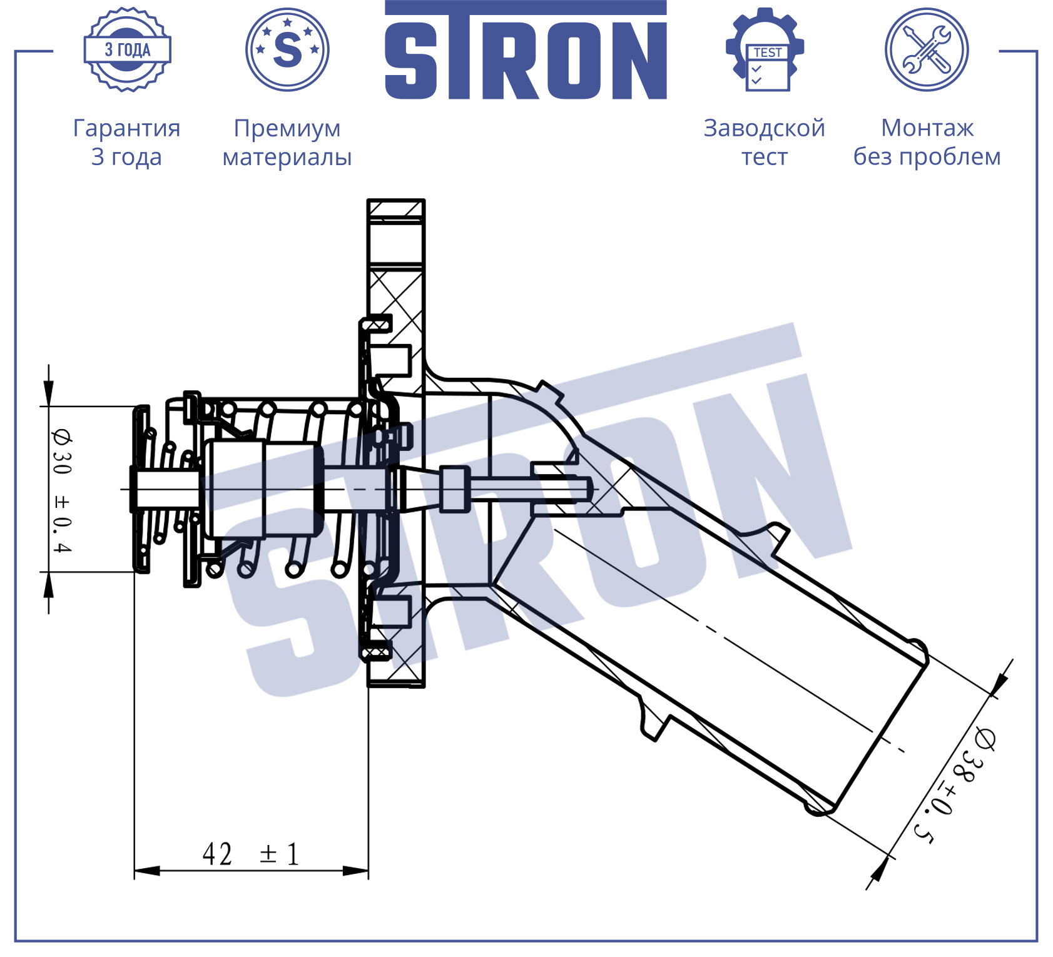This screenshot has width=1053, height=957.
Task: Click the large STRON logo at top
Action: (x=526, y=50)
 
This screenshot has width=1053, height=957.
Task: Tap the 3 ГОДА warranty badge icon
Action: (x=128, y=49)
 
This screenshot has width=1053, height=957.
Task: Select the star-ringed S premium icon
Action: (x=287, y=49)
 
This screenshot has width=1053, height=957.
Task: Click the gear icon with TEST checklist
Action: (x=765, y=49)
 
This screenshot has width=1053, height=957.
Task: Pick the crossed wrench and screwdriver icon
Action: (x=927, y=49)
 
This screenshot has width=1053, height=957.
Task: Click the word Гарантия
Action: (x=127, y=128)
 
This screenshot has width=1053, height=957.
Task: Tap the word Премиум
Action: (x=287, y=128)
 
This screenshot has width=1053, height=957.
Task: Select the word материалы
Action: (x=287, y=158)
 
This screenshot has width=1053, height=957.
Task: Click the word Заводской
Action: (x=765, y=128)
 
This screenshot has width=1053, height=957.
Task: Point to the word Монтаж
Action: (x=927, y=128)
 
